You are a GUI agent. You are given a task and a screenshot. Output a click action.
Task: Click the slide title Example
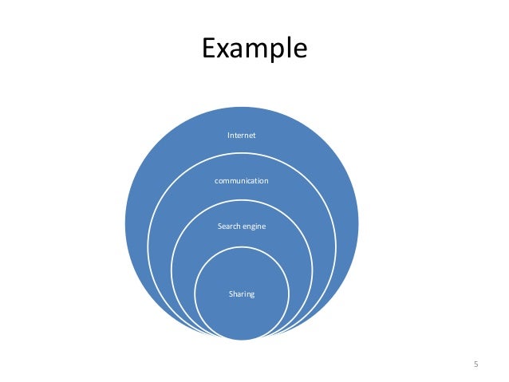(254, 48)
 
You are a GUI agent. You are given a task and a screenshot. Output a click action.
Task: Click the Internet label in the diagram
(242, 136)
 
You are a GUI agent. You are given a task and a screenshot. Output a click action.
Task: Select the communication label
(242, 181)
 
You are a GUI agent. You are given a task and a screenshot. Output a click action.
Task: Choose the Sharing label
(242, 294)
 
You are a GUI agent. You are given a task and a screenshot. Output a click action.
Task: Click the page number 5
(476, 364)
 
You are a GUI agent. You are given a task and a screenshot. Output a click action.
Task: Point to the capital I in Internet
(229, 136)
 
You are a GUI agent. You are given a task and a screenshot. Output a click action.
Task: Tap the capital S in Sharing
(231, 294)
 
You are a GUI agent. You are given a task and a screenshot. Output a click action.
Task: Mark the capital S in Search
(219, 226)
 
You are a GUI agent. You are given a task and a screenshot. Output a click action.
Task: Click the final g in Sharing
(253, 295)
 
